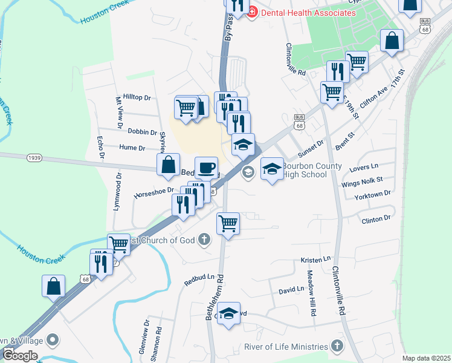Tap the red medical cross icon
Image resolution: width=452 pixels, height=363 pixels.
252,11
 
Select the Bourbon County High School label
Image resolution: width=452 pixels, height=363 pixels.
312,170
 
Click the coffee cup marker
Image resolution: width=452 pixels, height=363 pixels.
206,168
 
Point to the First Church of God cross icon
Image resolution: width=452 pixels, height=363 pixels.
204,240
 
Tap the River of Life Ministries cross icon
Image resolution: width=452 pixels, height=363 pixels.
337,347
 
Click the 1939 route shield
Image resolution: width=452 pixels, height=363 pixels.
34,157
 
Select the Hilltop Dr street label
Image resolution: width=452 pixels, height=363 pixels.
137,97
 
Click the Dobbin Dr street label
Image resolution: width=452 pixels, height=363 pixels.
143,132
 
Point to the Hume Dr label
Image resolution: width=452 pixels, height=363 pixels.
132,148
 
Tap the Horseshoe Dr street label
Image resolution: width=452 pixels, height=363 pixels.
153,192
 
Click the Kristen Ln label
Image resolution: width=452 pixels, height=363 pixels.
316,260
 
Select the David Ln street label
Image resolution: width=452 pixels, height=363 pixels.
291,290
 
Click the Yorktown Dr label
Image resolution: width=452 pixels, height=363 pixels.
373,194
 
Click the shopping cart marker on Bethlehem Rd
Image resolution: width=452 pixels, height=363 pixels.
228,223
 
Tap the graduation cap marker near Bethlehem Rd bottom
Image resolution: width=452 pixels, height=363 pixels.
228,314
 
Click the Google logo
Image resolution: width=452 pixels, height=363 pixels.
19,355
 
